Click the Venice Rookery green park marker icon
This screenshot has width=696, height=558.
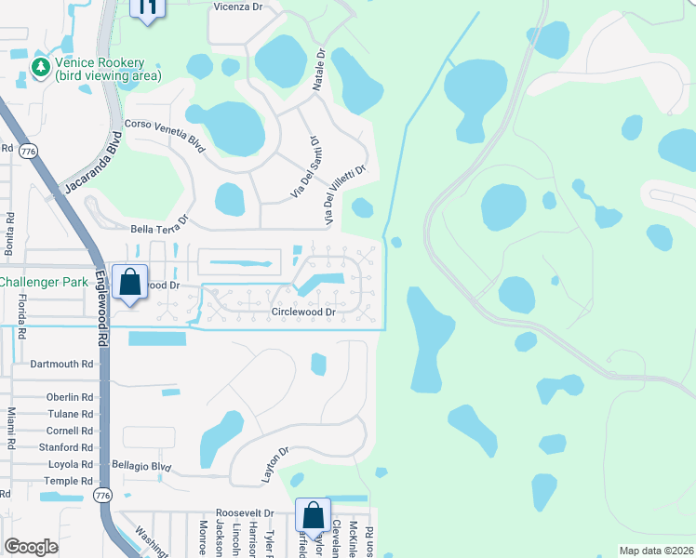(x=40, y=67)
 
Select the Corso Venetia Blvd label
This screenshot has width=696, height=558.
(x=164, y=136)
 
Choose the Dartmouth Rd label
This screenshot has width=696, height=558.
(x=62, y=365)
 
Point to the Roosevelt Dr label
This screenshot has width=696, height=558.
(x=245, y=512)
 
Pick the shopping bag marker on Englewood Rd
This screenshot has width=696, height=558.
(x=129, y=282)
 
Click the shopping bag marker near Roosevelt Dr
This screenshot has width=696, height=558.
(x=314, y=515)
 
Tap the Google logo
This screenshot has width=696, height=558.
(x=31, y=547)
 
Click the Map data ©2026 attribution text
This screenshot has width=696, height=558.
(x=655, y=551)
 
